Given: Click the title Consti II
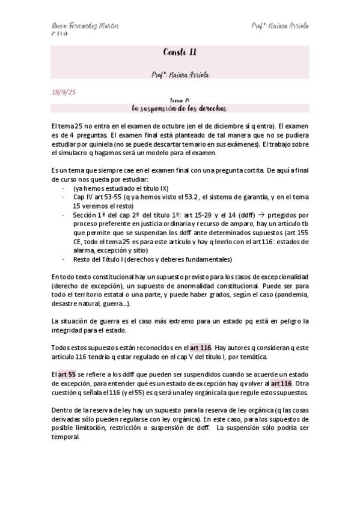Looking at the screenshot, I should [x=180, y=53].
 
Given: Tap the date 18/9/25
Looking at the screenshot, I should [x=63, y=92].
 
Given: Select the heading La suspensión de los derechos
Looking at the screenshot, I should [x=180, y=108].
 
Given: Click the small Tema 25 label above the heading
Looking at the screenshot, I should [x=180, y=100].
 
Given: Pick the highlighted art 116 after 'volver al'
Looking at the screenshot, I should [x=281, y=383].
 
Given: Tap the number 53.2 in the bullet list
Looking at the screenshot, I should [x=174, y=197].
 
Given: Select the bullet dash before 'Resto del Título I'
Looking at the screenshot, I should [x=64, y=259].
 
